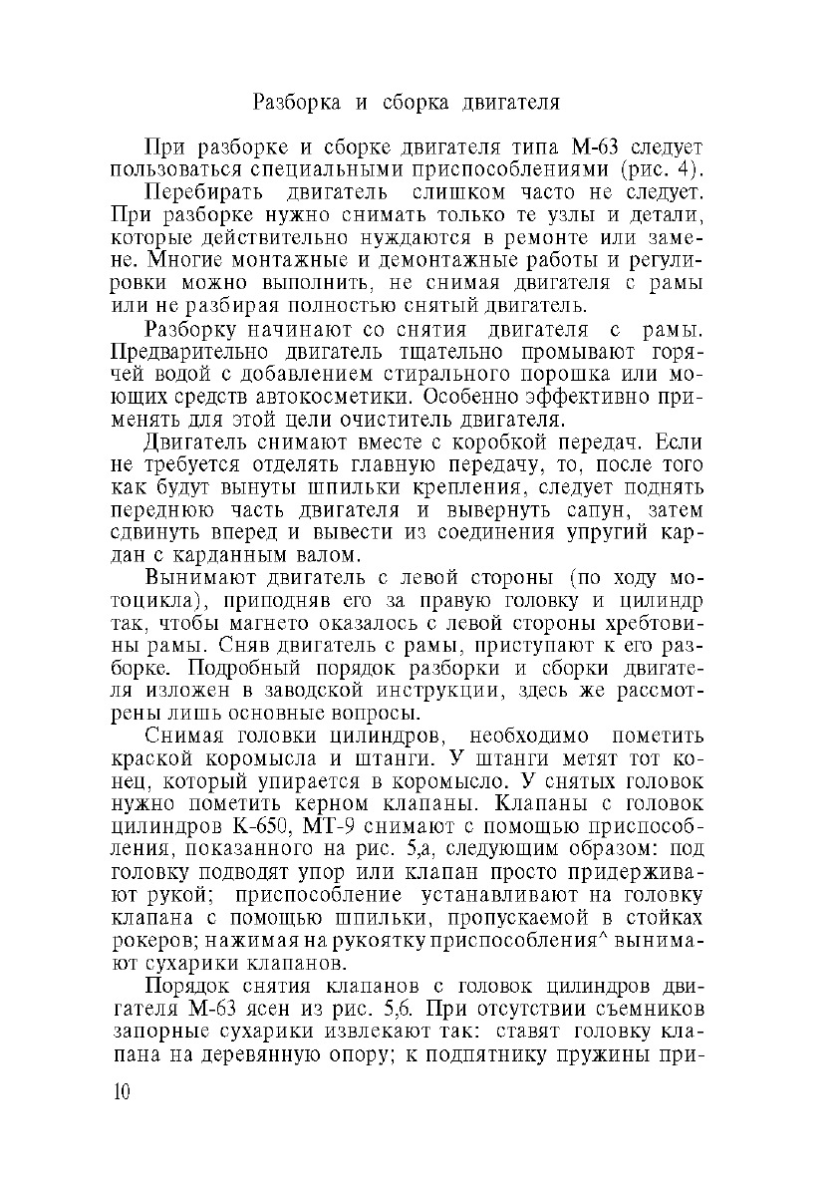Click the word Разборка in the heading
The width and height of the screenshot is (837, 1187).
tap(294, 102)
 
